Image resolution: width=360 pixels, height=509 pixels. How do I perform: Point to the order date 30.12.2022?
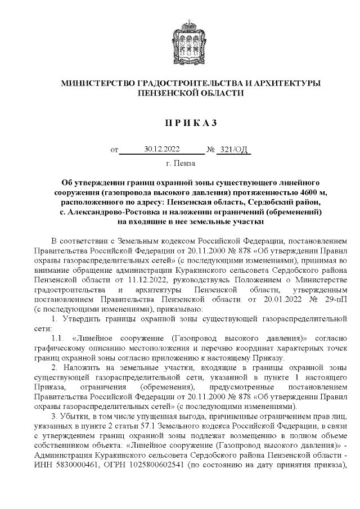tap(161, 149)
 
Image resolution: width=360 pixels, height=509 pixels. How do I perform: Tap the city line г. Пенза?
tap(181, 164)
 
